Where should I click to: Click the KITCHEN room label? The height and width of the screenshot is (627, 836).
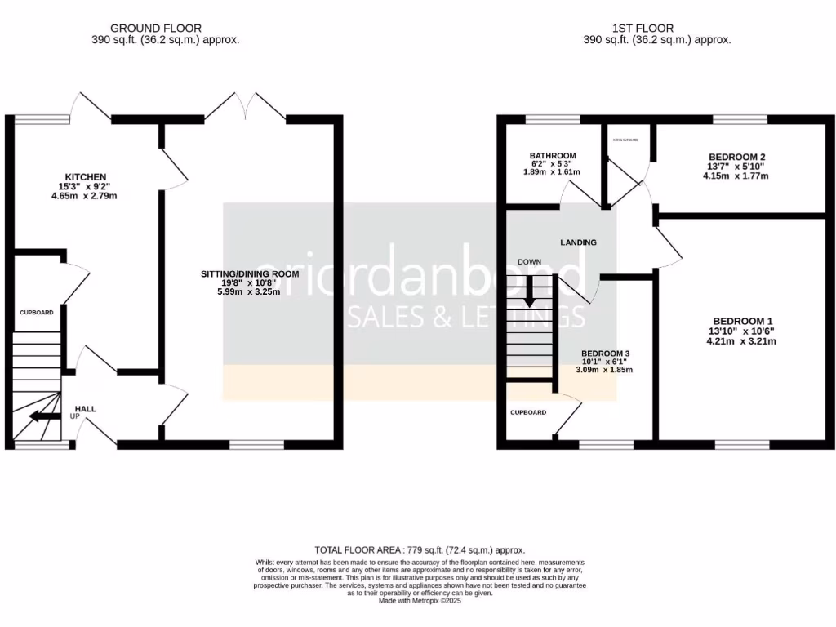point(86,177)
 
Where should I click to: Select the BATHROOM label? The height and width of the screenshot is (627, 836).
point(553,156)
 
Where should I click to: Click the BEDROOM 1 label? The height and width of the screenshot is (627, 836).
point(742,321)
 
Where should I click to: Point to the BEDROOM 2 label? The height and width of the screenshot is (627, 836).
point(736,156)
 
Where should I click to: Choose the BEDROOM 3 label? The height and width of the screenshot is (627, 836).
point(605,354)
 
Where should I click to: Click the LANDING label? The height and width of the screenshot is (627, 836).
point(578,242)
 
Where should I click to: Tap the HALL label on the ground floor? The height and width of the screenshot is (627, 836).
point(86,409)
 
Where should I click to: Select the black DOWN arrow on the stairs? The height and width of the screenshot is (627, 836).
point(530,291)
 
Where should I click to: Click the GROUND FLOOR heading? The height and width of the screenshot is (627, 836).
point(156,28)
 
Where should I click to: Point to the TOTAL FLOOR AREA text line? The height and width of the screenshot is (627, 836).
point(420,550)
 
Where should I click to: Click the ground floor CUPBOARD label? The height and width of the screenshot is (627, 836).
point(37,313)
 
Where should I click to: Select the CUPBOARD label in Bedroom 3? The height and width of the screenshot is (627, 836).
point(528,412)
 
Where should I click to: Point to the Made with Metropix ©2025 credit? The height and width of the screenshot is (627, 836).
point(420,601)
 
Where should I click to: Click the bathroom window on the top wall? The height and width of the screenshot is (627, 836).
point(553,120)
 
